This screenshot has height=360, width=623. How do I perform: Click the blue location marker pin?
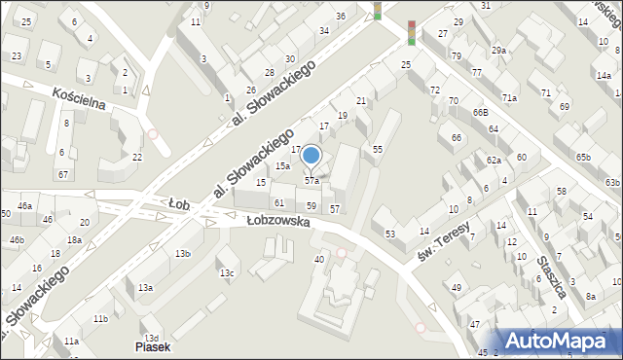click(x=311, y=157)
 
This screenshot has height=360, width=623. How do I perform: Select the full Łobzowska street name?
click(x=277, y=221)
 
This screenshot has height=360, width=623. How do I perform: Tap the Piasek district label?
click(x=153, y=346)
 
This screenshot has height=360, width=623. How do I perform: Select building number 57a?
click(x=311, y=181)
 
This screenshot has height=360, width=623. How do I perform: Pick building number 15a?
click(x=281, y=166)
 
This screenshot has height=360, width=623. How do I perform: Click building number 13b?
click(x=182, y=254)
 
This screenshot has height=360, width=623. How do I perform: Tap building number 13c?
click(x=227, y=272)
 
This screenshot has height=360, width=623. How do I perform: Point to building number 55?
click(x=377, y=148)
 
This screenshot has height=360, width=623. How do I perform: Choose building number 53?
click(x=390, y=234)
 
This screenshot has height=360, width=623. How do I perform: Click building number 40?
click(x=318, y=259)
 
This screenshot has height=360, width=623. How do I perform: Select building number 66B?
click(x=480, y=113)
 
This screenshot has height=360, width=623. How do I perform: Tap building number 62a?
click(x=494, y=160)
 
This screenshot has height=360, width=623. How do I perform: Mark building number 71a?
click(x=509, y=98)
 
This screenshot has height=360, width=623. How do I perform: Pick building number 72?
click(x=434, y=90)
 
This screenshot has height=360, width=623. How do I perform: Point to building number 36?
click(x=340, y=17)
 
